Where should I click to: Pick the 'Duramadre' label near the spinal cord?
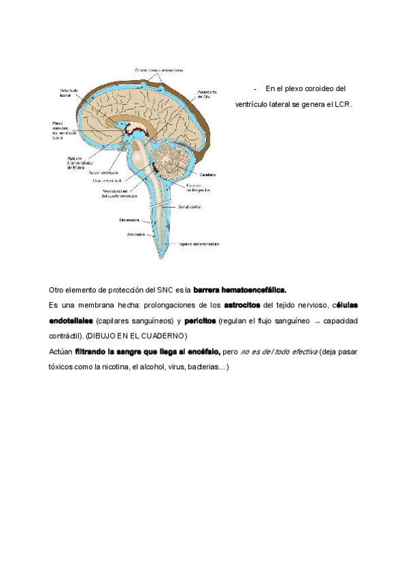129,220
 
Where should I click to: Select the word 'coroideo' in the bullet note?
322,88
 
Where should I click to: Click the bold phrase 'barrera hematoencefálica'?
240,289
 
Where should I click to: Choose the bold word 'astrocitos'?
242,304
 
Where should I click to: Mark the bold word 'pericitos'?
200,320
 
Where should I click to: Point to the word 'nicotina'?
113,367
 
